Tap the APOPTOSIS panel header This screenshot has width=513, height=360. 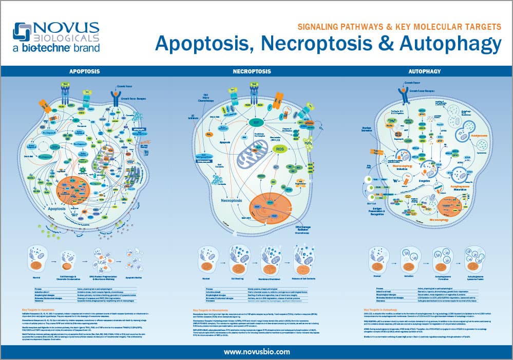(85, 71)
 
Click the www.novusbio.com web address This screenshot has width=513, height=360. (256, 351)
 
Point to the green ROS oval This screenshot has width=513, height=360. (280, 149)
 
